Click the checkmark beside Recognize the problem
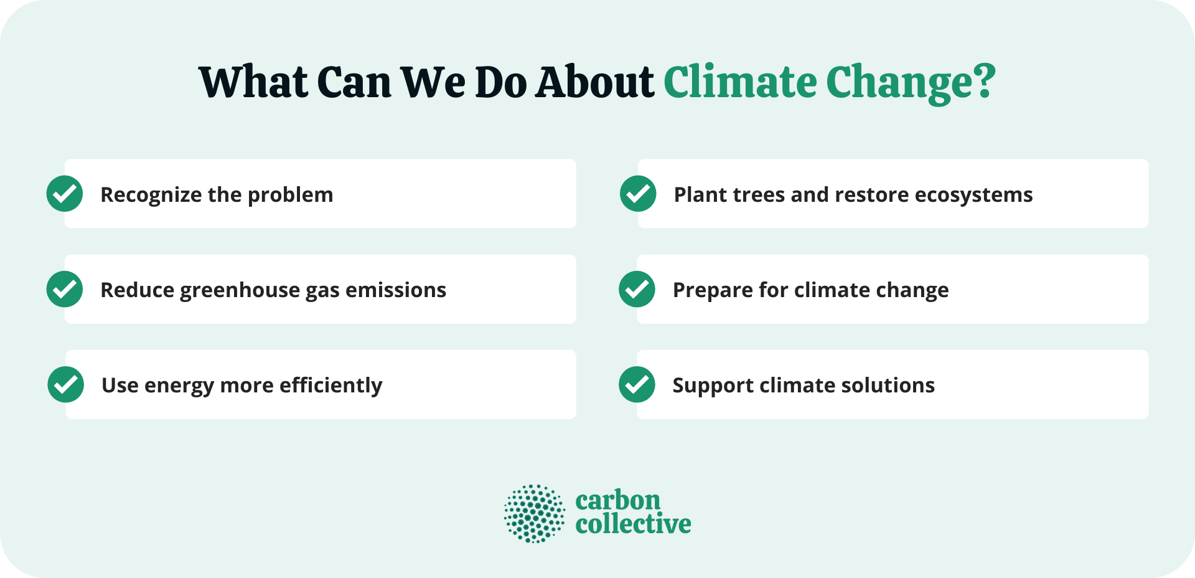click(x=65, y=194)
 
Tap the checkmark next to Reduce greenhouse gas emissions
click(x=65, y=289)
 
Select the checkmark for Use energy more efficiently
click(x=66, y=384)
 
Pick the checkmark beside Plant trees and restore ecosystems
click(x=638, y=194)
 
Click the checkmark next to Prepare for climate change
click(x=637, y=289)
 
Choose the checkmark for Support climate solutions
click(x=637, y=384)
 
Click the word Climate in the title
click(x=740, y=82)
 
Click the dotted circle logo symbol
click(x=535, y=514)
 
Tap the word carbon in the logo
click(x=617, y=500)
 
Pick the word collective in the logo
click(x=633, y=524)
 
